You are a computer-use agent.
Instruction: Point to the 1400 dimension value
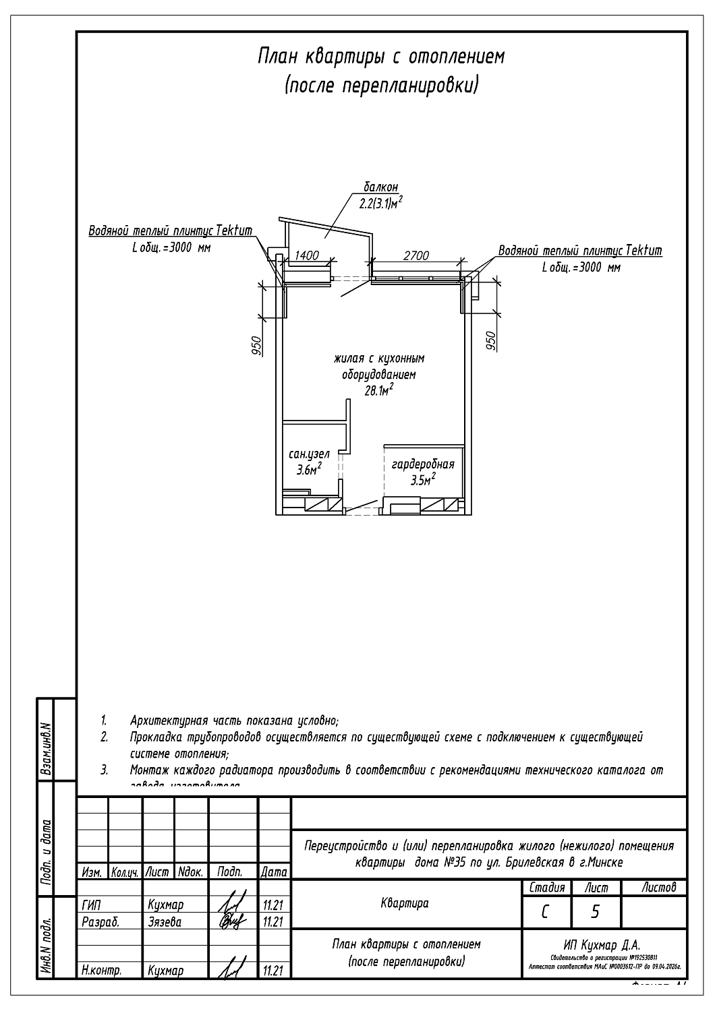click(x=307, y=255)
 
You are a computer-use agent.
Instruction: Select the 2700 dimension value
click(x=416, y=255)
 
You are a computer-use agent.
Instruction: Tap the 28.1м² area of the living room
click(x=379, y=391)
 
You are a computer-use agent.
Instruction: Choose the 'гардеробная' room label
click(x=423, y=464)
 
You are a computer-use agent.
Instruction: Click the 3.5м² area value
click(x=423, y=480)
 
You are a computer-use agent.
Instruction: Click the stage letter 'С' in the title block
click(x=545, y=912)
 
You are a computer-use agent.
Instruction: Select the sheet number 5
click(x=595, y=912)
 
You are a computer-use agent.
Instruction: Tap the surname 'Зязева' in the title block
click(x=165, y=922)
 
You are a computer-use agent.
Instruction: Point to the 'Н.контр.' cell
click(x=101, y=971)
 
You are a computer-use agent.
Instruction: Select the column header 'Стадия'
click(x=546, y=888)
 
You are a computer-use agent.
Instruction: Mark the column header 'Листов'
click(x=659, y=888)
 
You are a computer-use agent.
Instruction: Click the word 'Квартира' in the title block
click(x=405, y=903)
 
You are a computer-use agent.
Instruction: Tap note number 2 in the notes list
click(x=105, y=737)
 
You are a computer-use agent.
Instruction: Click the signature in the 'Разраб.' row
click(x=230, y=921)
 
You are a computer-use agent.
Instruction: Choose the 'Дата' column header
click(x=274, y=872)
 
